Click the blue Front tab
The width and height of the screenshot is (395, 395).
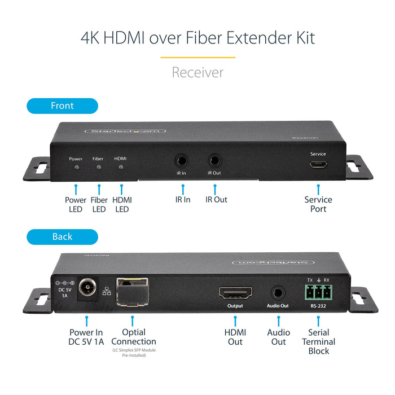coord(62,106)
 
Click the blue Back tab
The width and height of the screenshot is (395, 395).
coord(62,236)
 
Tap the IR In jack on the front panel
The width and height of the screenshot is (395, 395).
coord(182,160)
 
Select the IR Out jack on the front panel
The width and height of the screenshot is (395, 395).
coord(215,160)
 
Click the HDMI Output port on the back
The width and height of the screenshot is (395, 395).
coord(235,293)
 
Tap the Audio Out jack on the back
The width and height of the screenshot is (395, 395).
coord(278,293)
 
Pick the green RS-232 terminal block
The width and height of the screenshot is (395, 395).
coord(318,292)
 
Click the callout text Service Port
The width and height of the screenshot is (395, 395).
coord(318,204)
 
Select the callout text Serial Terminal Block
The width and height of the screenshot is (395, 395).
coord(318,341)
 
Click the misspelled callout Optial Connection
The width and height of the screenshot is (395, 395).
coord(134,337)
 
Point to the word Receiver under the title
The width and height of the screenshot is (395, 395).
coord(197,72)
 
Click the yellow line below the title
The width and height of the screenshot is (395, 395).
coord(197,57)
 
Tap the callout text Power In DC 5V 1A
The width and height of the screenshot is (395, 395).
coord(86,337)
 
